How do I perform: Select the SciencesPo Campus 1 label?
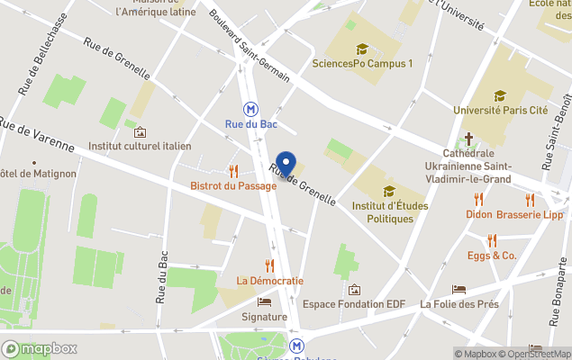[362, 63]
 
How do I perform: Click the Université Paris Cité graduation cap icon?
[500, 95]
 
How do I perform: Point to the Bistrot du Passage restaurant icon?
[233, 171]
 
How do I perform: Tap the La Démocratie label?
[269, 281]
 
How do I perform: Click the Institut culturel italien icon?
[140, 131]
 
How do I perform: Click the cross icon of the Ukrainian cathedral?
[468, 139]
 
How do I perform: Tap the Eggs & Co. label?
[492, 256]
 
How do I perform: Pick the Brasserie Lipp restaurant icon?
[530, 200]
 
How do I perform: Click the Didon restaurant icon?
[478, 200]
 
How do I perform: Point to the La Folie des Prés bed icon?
[459, 290]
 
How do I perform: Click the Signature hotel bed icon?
[264, 302]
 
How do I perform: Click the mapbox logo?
[40, 348]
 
